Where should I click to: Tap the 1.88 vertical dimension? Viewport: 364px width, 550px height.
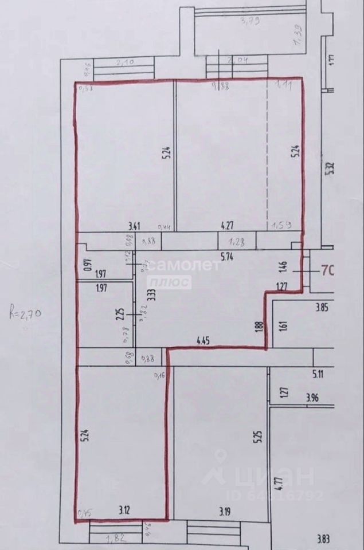(259, 327)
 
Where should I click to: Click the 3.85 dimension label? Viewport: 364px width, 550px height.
(321, 307)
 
